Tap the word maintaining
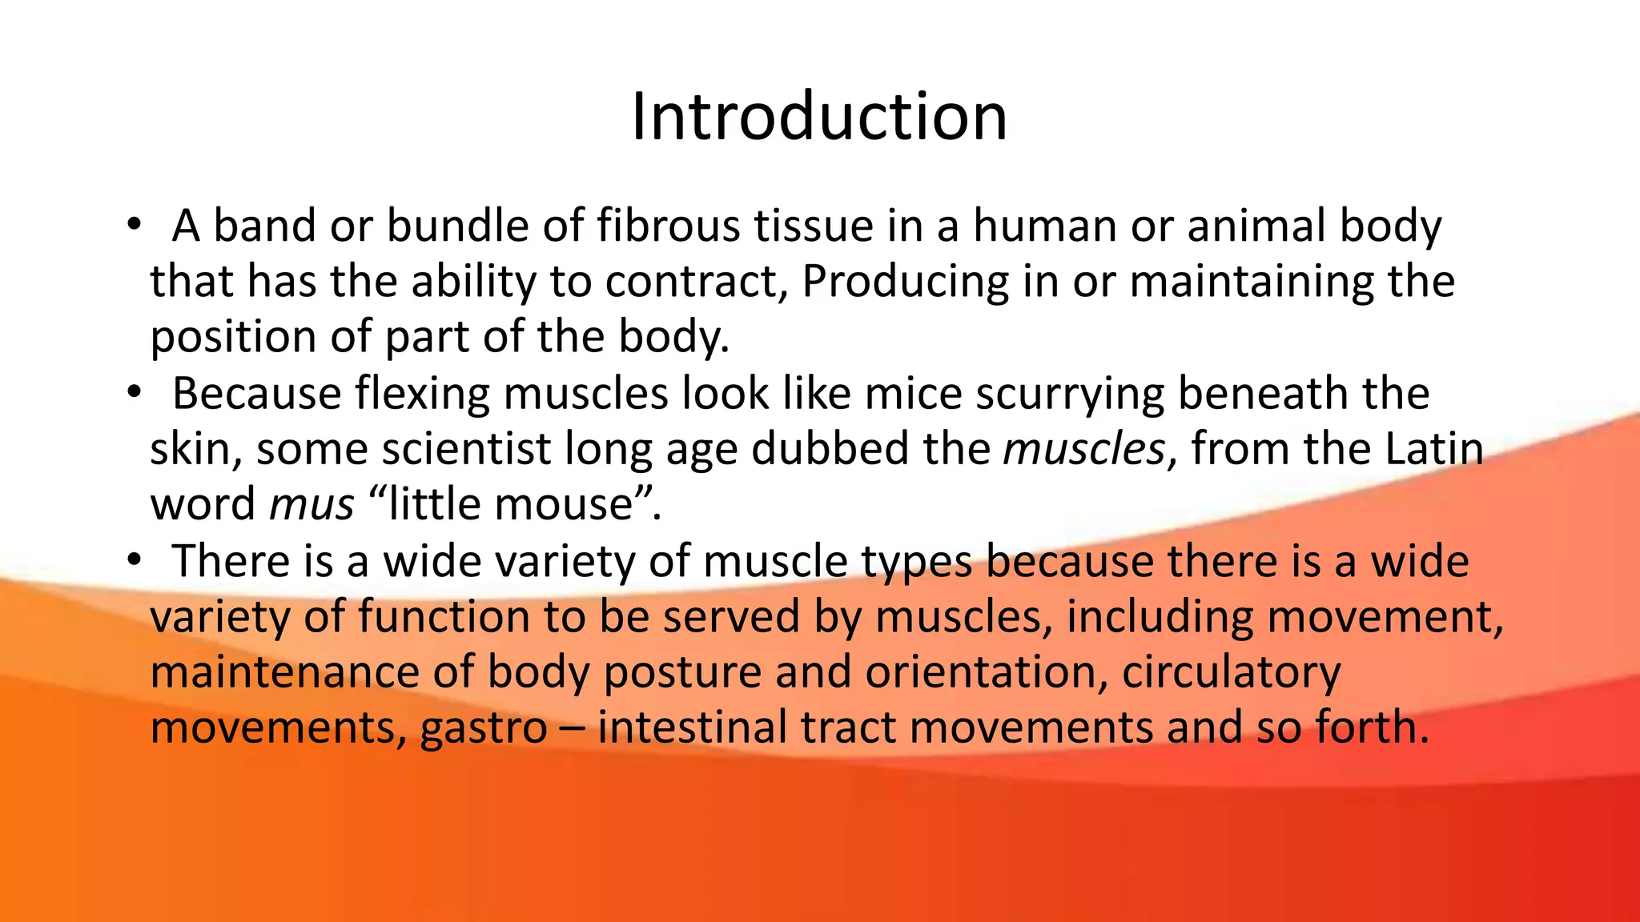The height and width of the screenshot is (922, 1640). [1246, 282]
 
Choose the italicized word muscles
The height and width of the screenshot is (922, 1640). [1083, 449]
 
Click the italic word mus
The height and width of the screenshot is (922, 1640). [312, 505]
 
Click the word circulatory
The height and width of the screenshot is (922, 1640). [1231, 672]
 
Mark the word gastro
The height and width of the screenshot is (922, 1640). [484, 728]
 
